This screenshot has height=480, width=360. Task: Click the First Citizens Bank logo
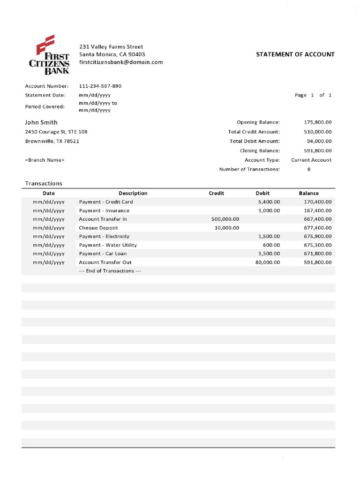tap(52, 54)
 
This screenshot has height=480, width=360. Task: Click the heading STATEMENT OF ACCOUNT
tap(295, 54)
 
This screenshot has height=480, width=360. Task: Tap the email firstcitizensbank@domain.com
tap(121, 62)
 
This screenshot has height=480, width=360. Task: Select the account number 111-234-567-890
tap(100, 86)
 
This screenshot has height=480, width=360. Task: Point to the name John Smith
tap(41, 122)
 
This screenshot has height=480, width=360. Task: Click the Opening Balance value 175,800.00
tap(318, 122)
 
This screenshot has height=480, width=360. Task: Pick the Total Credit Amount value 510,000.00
tap(318, 132)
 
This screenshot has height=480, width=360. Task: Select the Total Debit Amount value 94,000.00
tap(319, 141)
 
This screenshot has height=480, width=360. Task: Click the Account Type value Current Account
tap(311, 160)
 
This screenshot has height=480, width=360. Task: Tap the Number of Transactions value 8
tap(309, 169)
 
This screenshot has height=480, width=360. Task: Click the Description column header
tap(133, 193)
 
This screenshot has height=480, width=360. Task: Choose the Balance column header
tap(309, 193)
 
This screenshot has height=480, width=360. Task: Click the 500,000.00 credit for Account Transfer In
tap(225, 219)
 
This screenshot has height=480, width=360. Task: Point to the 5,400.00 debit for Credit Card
tap(269, 202)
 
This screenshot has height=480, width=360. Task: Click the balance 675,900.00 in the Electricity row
tap(318, 236)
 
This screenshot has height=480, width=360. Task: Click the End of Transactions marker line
tap(110, 271)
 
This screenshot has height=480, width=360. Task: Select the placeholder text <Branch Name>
tap(45, 160)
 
